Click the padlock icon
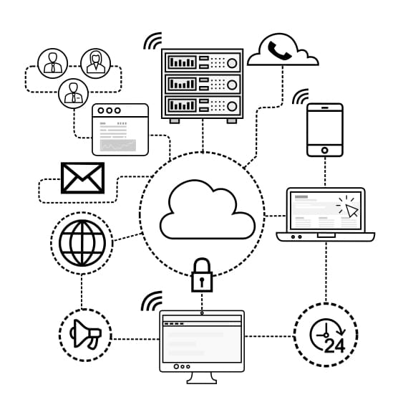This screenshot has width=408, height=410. pos(202,275)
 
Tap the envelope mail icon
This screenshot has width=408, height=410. pos(82,178)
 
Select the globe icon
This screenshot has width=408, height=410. pos(82,243)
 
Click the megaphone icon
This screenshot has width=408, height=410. pos(85,334)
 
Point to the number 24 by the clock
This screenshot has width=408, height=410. pos(335,345)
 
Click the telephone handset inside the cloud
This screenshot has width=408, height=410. pos(279,50)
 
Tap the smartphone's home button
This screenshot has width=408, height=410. pos(325,151)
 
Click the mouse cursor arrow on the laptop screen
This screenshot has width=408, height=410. pos(352,211)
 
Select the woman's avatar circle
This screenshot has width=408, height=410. pos(95,63)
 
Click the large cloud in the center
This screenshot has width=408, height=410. pos(208,209)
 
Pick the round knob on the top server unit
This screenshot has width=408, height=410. pos(232,63)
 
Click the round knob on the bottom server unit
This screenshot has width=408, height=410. pos(232,106)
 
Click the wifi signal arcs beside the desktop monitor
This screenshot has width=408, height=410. pos(152,302)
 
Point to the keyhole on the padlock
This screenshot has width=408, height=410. pos(202,282)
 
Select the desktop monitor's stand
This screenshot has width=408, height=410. pos(202,378)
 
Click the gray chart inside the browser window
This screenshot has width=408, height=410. pos(118,145)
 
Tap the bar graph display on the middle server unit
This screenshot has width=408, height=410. pos(182,84)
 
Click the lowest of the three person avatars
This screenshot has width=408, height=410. pos(73,94)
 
